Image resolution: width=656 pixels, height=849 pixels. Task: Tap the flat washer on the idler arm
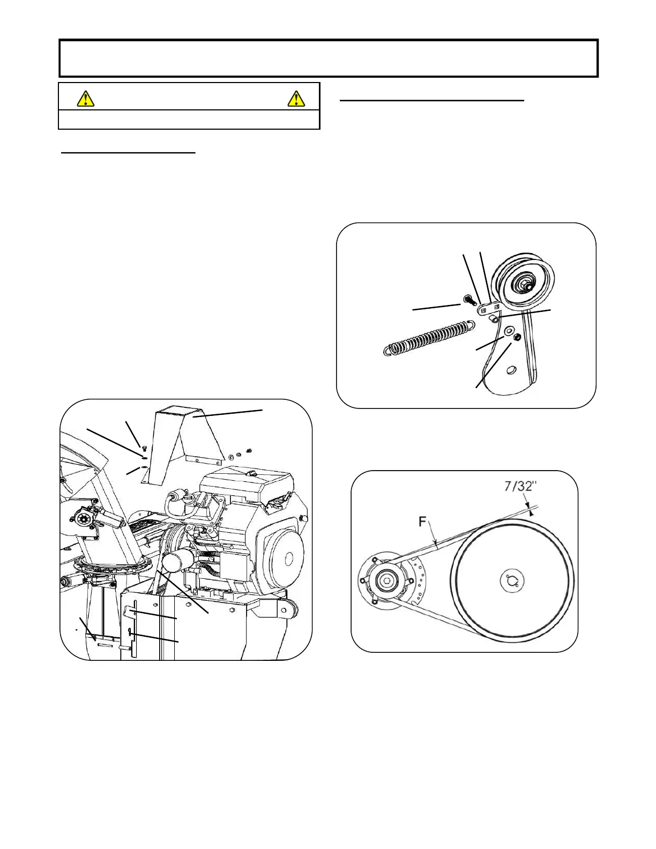pos(508,330)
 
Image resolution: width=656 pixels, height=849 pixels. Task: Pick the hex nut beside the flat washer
pos(518,337)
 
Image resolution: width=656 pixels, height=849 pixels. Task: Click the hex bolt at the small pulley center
pos(386,580)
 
